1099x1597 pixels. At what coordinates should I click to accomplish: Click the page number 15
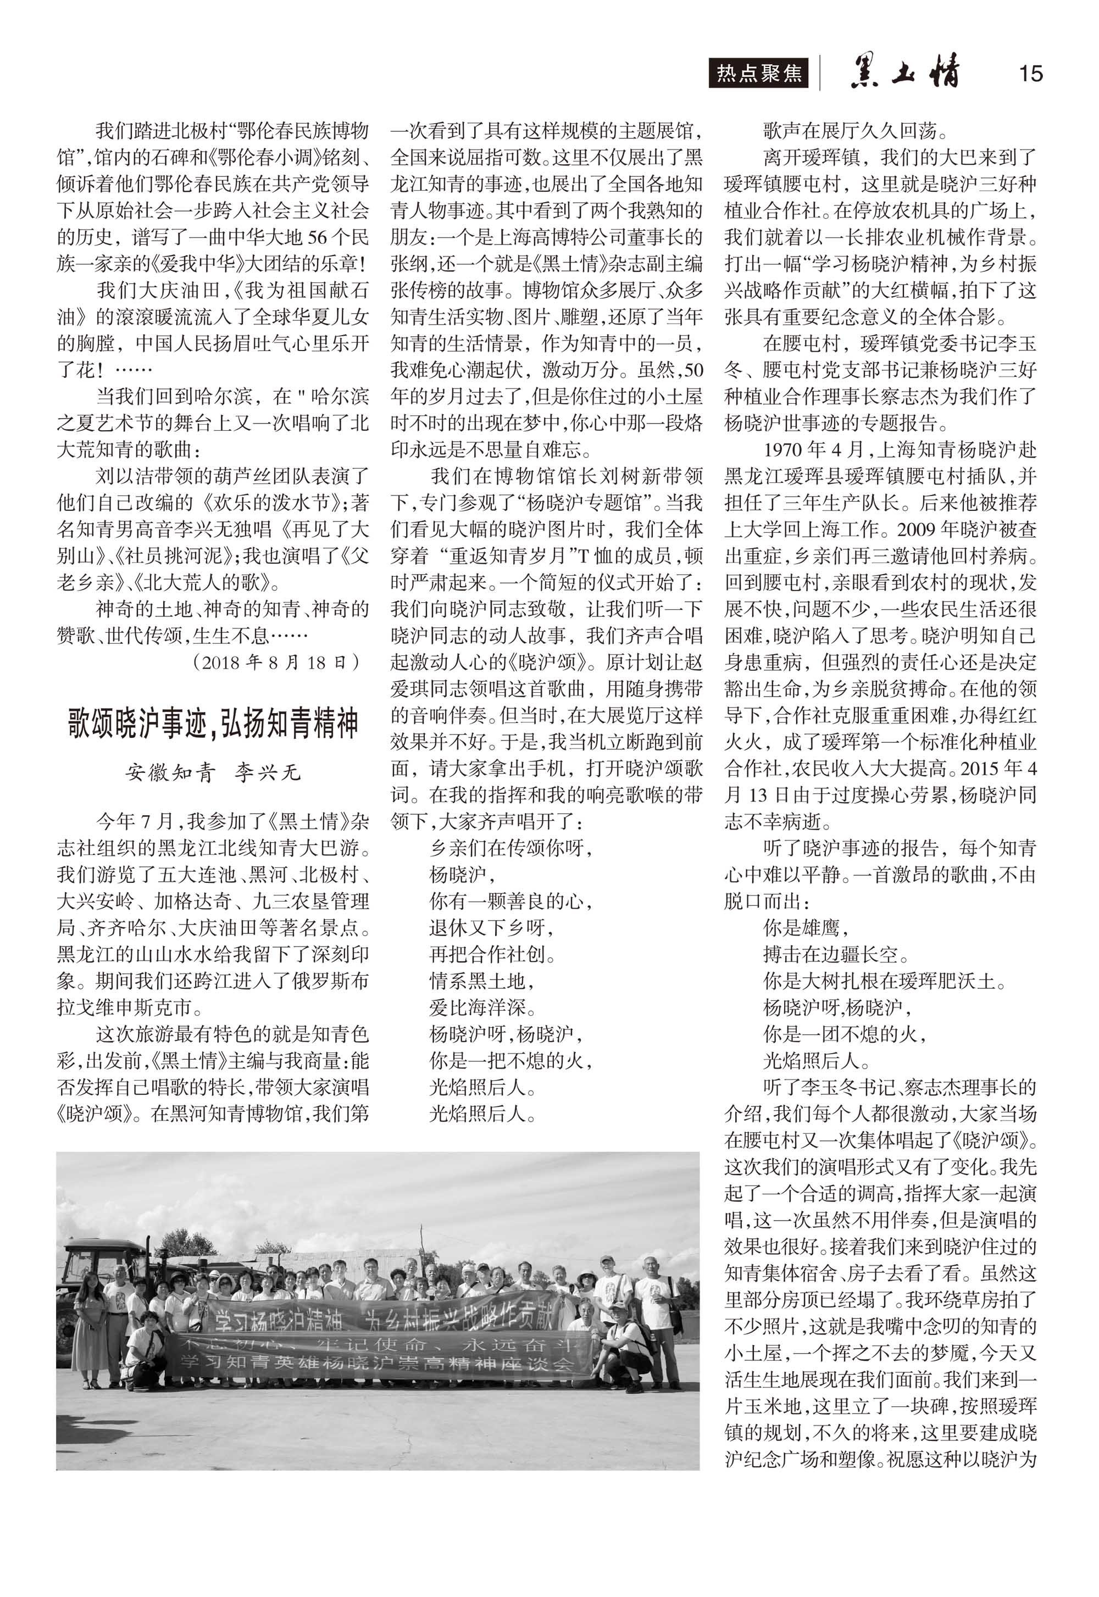pos(1030,73)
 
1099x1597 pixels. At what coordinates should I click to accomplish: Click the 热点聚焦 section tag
pos(759,74)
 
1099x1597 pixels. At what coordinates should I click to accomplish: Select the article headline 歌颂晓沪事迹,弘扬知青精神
pos(213,723)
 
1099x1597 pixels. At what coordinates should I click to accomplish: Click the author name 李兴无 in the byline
pos(268,773)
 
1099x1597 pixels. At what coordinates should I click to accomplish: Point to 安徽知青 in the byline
pos(170,773)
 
